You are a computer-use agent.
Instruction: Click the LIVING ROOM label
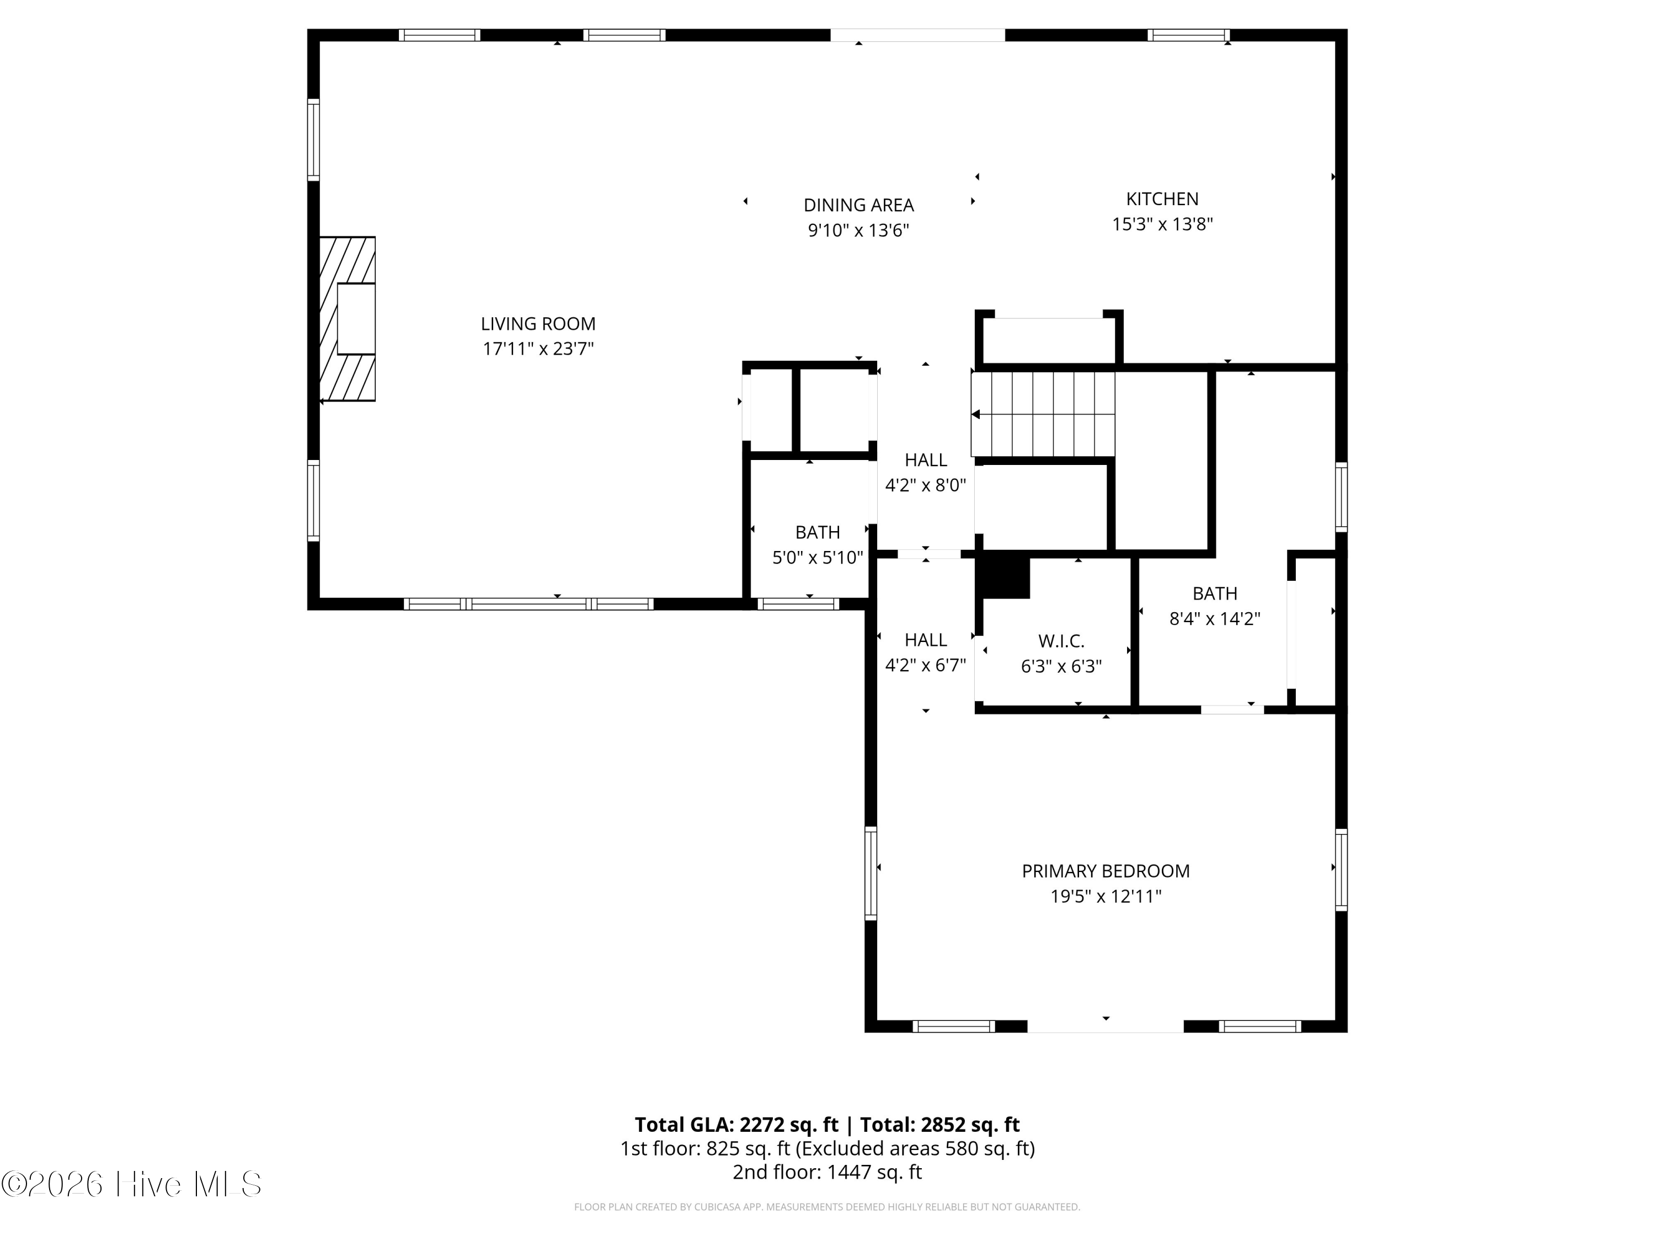[538, 324]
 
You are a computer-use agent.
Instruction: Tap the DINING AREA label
[858, 205]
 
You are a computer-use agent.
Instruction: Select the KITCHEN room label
[1162, 199]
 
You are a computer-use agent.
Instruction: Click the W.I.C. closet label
[1061, 641]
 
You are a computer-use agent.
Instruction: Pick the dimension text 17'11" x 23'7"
[538, 349]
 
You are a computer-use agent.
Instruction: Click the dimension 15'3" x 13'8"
[1162, 224]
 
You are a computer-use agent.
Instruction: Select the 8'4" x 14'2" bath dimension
[1214, 619]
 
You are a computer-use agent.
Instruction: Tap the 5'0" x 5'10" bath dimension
[817, 557]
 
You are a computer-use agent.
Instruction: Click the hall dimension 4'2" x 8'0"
[926, 485]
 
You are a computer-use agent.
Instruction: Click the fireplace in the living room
[347, 319]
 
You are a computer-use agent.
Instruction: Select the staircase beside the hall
[1043, 414]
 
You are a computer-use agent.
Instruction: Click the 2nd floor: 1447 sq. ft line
[827, 1172]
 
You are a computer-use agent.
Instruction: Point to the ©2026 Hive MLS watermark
[132, 1184]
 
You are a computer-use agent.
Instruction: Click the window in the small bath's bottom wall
[798, 603]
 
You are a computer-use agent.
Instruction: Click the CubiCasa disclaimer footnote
[827, 1207]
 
